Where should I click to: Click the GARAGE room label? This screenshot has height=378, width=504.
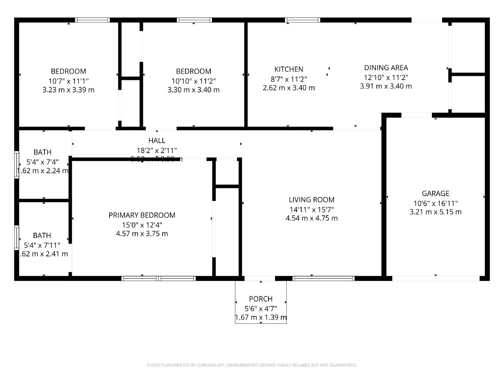(435, 193)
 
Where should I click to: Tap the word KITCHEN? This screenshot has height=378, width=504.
(289, 69)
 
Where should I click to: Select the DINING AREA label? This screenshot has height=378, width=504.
(386, 68)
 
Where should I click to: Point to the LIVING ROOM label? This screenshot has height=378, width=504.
(312, 200)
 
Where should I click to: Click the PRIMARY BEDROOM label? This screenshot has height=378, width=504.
(142, 215)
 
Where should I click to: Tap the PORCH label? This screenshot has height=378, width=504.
(261, 299)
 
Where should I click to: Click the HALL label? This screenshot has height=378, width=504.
(157, 140)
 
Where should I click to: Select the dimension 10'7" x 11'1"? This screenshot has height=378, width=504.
(68, 81)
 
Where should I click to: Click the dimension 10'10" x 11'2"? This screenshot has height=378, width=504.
(193, 81)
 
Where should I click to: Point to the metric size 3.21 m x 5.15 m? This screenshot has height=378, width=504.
(435, 212)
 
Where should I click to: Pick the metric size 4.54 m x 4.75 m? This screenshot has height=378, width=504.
(312, 218)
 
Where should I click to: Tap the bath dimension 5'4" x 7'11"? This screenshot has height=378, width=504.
(42, 245)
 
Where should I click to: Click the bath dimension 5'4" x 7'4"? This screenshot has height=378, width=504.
(43, 162)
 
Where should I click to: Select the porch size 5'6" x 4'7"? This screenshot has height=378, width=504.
(261, 309)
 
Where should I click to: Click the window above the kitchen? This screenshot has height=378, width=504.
(302, 20)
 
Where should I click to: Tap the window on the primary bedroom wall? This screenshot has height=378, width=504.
(158, 278)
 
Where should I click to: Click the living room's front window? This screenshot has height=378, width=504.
(324, 278)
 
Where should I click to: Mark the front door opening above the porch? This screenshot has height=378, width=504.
(260, 278)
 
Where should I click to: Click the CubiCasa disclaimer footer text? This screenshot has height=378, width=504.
(252, 365)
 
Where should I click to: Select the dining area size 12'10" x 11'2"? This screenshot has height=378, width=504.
(386, 77)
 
